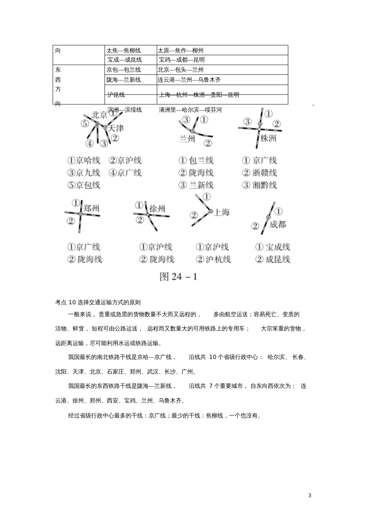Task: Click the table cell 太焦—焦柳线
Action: (124, 50)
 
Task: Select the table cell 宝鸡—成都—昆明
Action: (181, 60)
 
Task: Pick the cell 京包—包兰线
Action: (124, 70)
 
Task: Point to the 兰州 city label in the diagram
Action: (187, 139)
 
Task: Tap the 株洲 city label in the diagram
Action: (269, 138)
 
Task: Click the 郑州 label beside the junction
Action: (91, 208)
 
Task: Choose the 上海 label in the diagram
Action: (222, 212)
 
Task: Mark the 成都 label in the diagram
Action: (278, 224)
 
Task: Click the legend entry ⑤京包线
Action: (84, 185)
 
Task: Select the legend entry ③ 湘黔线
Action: (259, 185)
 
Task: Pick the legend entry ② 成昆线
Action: (272, 259)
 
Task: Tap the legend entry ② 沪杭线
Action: (213, 259)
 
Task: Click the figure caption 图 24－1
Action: (178, 277)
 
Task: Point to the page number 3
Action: (310, 495)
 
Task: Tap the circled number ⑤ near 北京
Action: (85, 124)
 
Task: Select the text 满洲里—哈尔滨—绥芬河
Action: (190, 110)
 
